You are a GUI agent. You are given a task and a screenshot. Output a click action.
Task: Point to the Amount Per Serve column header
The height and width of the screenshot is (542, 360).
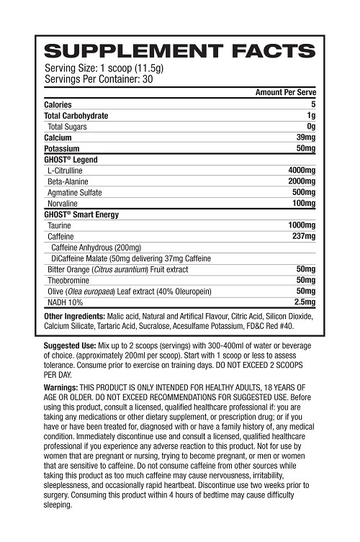tap(286, 93)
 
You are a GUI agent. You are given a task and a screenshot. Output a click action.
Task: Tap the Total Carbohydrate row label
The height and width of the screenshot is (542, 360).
tap(76, 115)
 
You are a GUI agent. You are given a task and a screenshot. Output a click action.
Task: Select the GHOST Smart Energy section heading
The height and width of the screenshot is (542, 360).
tap(81, 214)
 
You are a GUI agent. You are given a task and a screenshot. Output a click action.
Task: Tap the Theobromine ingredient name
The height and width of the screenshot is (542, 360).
tap(69, 279)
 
